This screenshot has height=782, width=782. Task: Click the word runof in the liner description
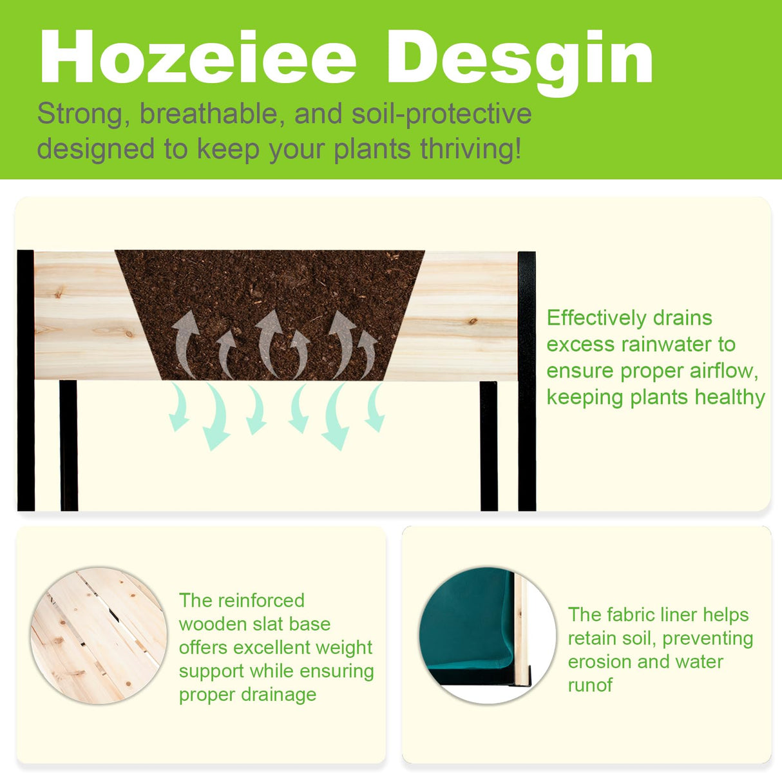tap(589, 685)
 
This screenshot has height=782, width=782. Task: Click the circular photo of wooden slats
tap(99, 635)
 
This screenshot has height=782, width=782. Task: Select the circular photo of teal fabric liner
tap(487, 635)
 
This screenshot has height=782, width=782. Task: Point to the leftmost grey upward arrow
tap(186, 341)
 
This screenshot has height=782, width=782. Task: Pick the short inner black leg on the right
tap(488, 444)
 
